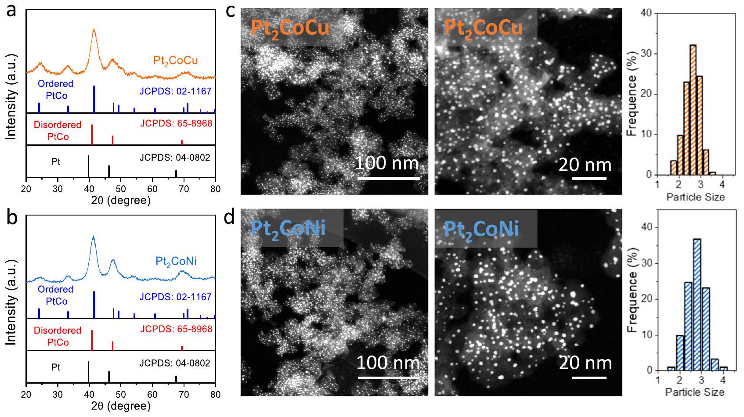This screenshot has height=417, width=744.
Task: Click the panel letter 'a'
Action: click(11, 10)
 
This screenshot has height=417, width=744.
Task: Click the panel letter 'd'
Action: click(230, 216)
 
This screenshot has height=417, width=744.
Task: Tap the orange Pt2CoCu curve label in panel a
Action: click(175, 61)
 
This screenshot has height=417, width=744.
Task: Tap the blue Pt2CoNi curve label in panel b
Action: click(176, 262)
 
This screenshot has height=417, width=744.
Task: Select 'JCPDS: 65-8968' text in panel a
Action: click(176, 123)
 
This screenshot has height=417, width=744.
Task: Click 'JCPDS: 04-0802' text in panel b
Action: click(175, 363)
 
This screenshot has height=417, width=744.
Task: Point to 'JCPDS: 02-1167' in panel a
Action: click(175, 92)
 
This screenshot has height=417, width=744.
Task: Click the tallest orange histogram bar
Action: click(693, 110)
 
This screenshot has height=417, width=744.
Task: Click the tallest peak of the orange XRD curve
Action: click(94, 30)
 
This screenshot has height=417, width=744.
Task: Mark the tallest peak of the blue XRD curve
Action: click(93, 237)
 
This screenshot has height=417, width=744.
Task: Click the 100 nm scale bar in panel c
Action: click(389, 178)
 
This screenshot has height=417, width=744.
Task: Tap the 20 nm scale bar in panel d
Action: click(589, 377)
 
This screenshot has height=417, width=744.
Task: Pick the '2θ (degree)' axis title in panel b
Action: click(121, 406)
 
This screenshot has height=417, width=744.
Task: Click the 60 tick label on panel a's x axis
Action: click(152, 189)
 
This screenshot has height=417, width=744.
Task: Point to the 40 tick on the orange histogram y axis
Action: click(646, 13)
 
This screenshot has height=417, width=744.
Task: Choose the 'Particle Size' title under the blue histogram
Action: click(695, 392)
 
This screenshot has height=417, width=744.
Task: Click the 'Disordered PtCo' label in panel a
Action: click(58, 131)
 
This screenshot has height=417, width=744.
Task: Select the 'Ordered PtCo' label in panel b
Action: click(56, 295)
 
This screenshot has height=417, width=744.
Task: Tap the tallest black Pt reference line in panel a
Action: click(89, 166)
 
